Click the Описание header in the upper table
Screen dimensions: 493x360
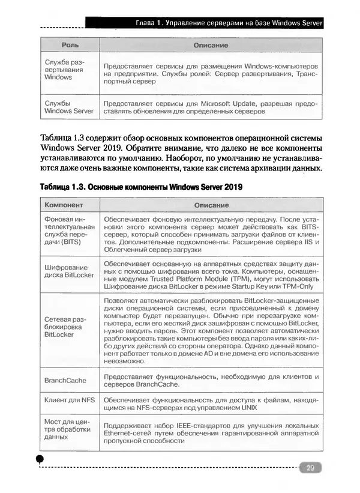click(x=210, y=45)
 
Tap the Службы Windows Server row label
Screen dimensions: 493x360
click(x=68, y=107)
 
